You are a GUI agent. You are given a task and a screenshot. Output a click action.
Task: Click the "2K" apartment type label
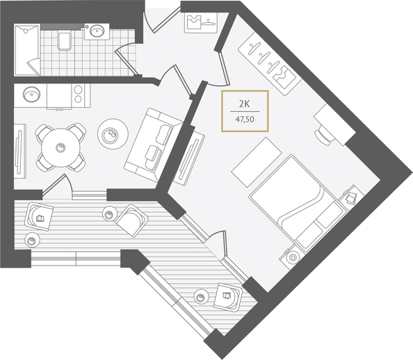coord(244,104)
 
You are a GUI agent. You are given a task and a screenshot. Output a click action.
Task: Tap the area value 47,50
coord(245,120)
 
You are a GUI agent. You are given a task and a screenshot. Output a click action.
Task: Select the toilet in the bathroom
coord(64,41)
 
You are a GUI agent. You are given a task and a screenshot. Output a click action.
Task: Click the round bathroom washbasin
coord(97,31)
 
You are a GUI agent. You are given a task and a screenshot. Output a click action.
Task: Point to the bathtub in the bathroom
coord(27,50)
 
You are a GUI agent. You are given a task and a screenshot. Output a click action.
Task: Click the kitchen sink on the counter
coord(31,95)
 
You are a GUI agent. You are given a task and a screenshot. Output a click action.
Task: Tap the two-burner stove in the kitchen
coord(78,95)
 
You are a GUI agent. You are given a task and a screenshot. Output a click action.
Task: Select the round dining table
coord(60,147)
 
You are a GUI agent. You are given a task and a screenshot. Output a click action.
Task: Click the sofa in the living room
coord(153,145)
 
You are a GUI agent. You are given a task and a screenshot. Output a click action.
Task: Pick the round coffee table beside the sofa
coord(113,134)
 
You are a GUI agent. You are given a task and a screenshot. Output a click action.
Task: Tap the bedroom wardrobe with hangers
coord(270,64)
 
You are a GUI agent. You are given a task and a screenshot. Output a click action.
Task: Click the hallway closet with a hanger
coord(201,23)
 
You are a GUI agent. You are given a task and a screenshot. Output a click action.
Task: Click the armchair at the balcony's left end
coord(39,216)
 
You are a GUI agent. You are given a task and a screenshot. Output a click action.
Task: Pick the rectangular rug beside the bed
coord(257,162)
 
